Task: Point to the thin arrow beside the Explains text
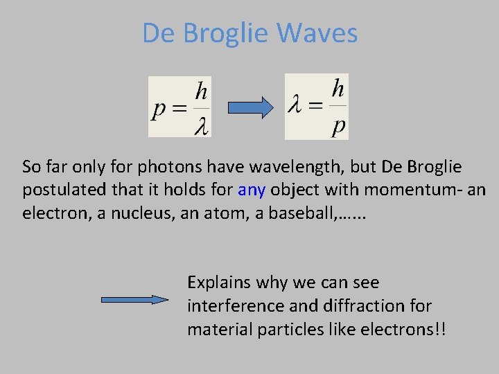[135, 300]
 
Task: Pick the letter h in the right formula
[338, 89]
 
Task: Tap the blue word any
[252, 190]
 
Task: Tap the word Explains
[218, 283]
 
